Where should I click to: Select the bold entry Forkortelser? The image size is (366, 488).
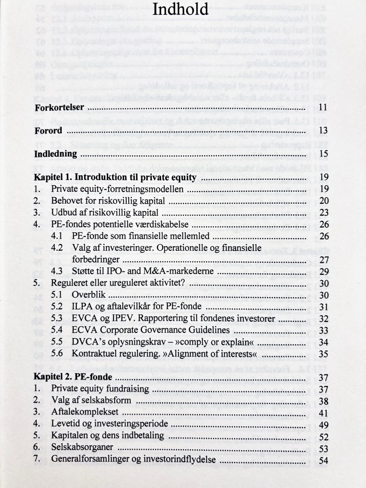pyautogui.click(x=59, y=108)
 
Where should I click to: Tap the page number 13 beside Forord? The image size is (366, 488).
pyautogui.click(x=323, y=131)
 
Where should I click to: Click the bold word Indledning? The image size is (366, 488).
pyautogui.click(x=56, y=154)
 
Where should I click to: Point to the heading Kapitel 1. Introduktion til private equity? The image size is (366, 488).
pyautogui.click(x=115, y=178)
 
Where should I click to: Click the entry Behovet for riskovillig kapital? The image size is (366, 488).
pyautogui.click(x=108, y=201)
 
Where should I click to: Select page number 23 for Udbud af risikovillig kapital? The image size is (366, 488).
pyautogui.click(x=324, y=213)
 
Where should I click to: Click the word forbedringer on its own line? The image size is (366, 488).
pyautogui.click(x=96, y=260)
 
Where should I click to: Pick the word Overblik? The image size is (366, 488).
pyautogui.click(x=88, y=295)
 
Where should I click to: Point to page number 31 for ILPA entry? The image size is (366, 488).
pyautogui.click(x=323, y=307)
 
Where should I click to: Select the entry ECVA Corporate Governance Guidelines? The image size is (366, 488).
pyautogui.click(x=151, y=330)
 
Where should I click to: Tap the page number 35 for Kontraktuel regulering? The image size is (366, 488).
pyautogui.click(x=323, y=354)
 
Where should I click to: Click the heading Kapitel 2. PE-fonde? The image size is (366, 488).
pyautogui.click(x=73, y=377)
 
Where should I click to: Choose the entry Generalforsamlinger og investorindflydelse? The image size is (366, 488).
pyautogui.click(x=133, y=459)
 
